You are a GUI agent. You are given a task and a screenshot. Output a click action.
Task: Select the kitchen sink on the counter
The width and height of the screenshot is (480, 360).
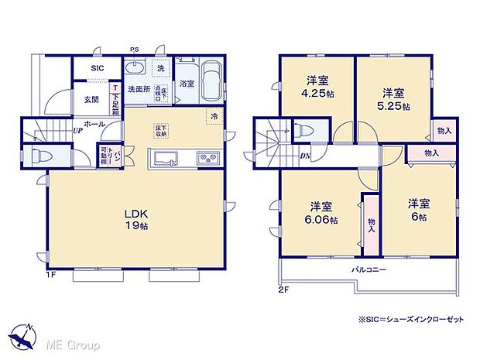click(167, 159)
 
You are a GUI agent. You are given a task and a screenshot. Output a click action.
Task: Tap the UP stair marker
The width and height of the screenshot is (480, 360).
click(78, 130)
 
